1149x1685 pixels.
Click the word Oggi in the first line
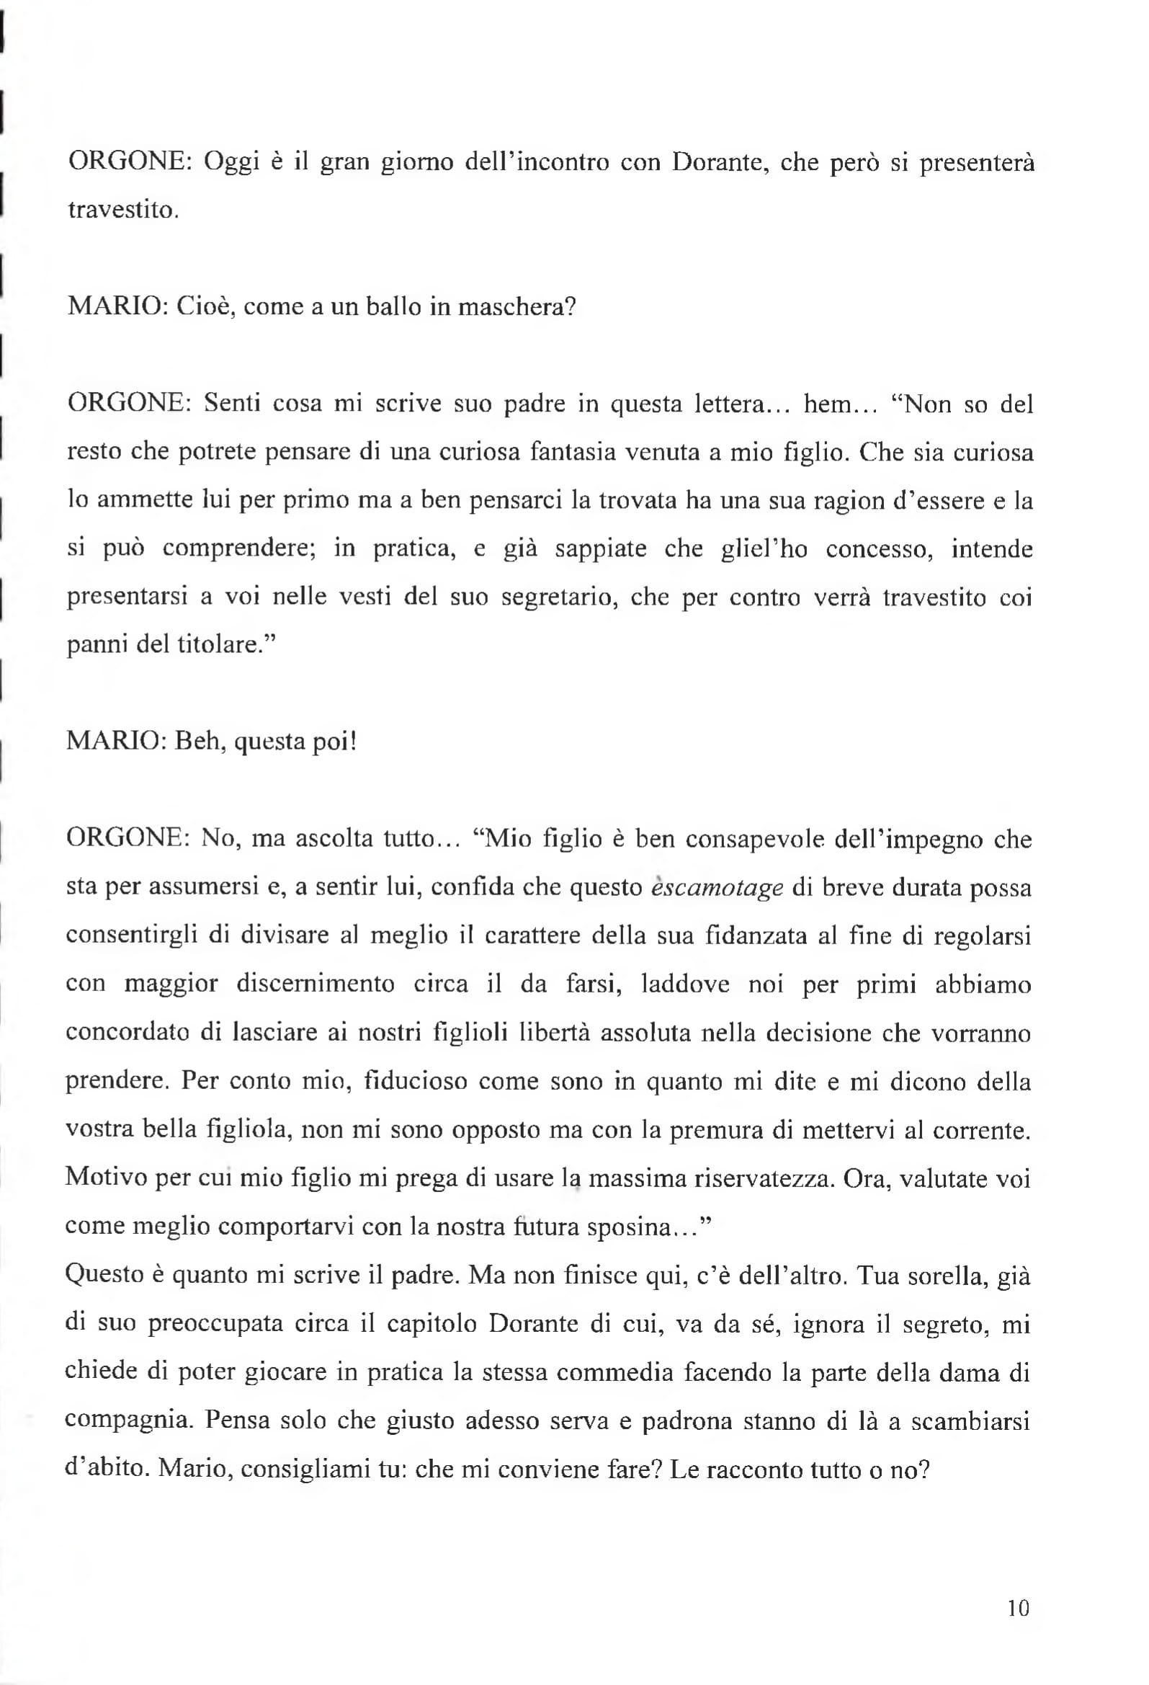click(231, 161)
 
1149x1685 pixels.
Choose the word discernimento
click(316, 984)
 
